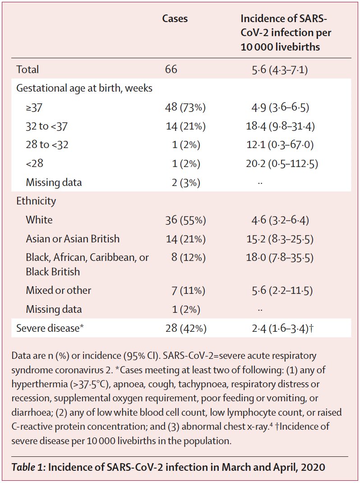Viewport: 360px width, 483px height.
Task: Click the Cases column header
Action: [x=175, y=19]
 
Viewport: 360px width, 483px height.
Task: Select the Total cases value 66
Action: [x=171, y=70]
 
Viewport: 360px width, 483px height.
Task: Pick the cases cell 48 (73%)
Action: [x=186, y=107]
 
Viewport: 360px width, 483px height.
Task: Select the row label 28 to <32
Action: [x=47, y=145]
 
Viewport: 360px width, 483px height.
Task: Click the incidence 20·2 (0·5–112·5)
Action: [x=282, y=163]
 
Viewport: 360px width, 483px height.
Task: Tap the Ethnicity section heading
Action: [x=36, y=201]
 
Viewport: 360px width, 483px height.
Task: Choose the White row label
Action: [x=39, y=220]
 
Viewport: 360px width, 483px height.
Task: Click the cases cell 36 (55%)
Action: [x=186, y=220]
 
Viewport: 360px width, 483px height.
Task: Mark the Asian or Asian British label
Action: [x=73, y=239]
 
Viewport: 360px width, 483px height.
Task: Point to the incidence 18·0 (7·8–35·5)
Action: [x=280, y=258]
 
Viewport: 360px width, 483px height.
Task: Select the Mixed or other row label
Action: [x=59, y=290]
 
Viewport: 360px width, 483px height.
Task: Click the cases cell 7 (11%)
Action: [x=184, y=290]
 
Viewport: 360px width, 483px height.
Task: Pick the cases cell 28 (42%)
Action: [x=186, y=328]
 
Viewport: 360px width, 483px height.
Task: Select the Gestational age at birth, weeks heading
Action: [x=84, y=88]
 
